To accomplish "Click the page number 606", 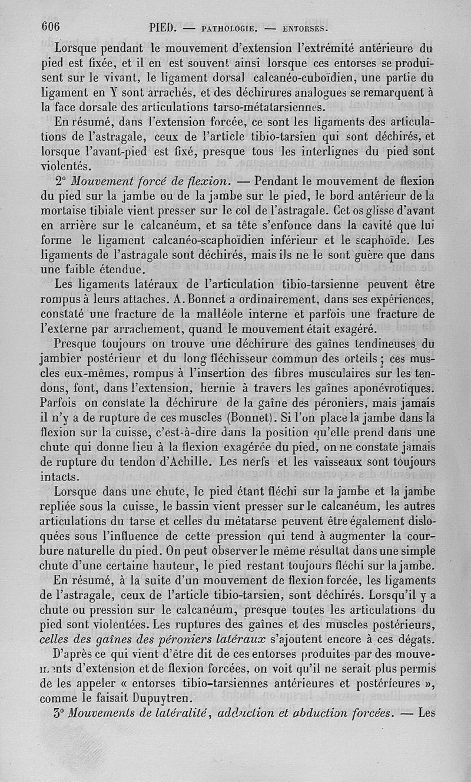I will pos(51,26).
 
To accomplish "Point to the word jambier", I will pos(62,359).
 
